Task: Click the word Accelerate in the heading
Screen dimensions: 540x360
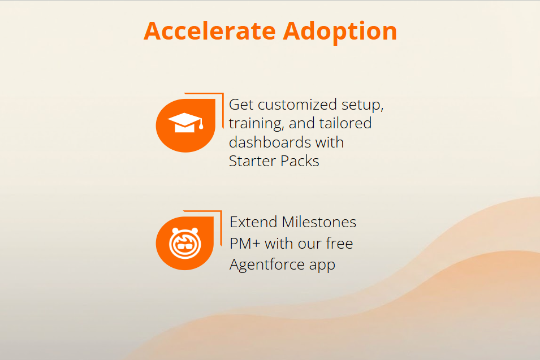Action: pyautogui.click(x=210, y=31)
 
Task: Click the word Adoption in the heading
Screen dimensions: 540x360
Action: pyautogui.click(x=340, y=32)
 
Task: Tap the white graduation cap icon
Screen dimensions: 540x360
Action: pyautogui.click(x=185, y=123)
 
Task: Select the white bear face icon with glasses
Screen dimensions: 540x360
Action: pyautogui.click(x=185, y=243)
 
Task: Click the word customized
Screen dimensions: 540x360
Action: pyautogui.click(x=297, y=105)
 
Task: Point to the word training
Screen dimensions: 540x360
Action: pyautogui.click(x=257, y=124)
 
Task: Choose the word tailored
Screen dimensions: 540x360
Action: pyautogui.click(x=345, y=123)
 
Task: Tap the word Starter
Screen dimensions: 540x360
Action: pyautogui.click(x=252, y=161)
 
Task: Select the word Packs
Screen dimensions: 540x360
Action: pyautogui.click(x=300, y=161)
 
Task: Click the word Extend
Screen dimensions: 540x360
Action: pyautogui.click(x=253, y=222)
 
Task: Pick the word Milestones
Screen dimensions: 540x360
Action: pyautogui.click(x=319, y=222)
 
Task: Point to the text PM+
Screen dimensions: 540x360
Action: pyautogui.click(x=245, y=244)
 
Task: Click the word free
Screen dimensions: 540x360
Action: pyautogui.click(x=339, y=243)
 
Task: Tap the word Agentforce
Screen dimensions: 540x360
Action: pyautogui.click(x=267, y=264)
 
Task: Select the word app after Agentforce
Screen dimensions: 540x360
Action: pyautogui.click(x=322, y=266)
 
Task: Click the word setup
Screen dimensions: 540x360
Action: pyautogui.click(x=362, y=105)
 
